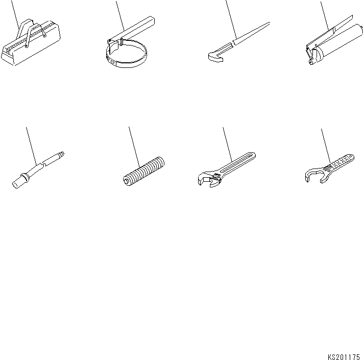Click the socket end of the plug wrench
[19, 180]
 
